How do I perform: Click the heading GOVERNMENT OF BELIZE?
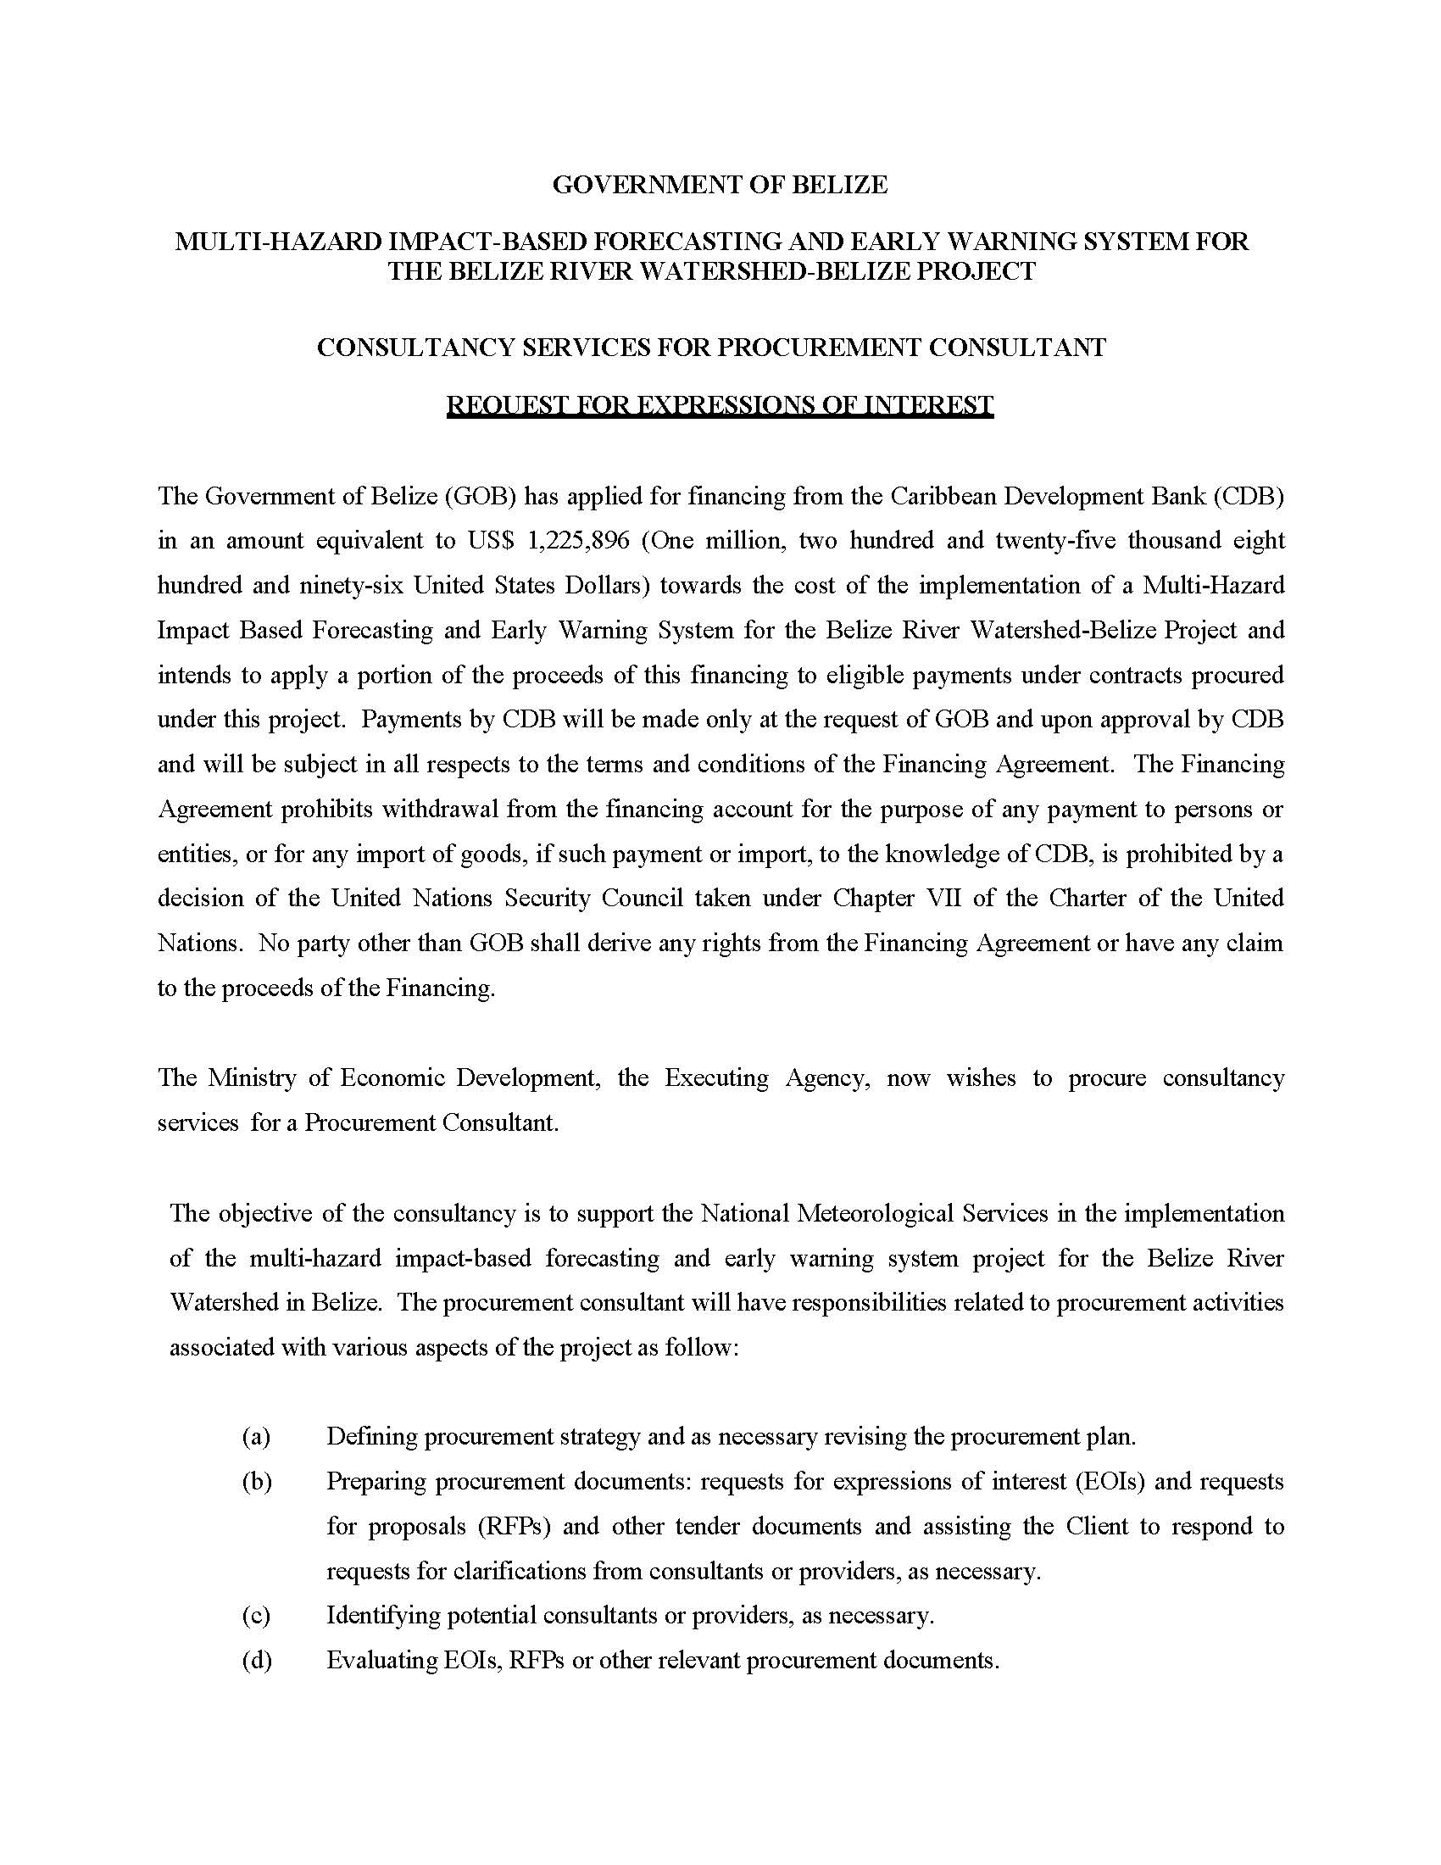[x=720, y=185]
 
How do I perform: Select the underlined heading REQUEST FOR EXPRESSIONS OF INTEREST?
[x=720, y=404]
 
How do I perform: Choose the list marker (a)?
[x=256, y=1436]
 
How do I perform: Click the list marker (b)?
[x=256, y=1482]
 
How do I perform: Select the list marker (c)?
[x=256, y=1616]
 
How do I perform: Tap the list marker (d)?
[x=256, y=1660]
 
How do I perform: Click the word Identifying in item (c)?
[x=382, y=1616]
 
